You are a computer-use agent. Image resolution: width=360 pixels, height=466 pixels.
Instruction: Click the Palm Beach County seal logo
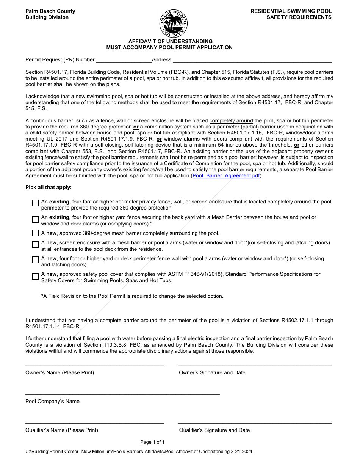coord(173,23)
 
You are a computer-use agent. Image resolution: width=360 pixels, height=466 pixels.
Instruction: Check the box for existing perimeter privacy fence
coord(35,203)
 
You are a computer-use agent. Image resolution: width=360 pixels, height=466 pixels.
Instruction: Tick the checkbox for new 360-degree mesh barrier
coord(35,233)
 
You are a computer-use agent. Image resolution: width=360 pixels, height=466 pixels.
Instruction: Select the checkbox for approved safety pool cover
coord(35,276)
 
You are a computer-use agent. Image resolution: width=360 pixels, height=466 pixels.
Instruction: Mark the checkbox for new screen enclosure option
coord(35,244)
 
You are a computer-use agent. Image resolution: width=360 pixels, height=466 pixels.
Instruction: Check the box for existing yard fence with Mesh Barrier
coord(35,219)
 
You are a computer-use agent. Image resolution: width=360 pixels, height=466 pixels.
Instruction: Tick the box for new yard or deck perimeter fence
coord(35,260)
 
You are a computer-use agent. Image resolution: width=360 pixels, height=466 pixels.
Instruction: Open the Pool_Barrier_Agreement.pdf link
coord(226,176)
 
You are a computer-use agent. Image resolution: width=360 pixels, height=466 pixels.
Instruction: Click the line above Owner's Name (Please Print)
coord(94,365)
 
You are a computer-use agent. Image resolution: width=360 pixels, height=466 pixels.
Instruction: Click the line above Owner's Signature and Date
coord(255,365)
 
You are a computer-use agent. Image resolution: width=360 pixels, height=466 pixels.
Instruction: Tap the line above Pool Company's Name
coord(122,394)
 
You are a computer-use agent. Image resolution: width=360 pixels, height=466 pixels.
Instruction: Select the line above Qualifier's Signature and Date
coord(255,422)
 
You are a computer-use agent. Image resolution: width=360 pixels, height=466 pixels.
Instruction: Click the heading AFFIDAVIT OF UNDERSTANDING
coord(170,41)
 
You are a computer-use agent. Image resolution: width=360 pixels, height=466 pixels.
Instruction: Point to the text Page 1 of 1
coord(152,442)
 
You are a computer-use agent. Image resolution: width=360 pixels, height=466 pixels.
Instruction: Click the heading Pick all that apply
coord(49,188)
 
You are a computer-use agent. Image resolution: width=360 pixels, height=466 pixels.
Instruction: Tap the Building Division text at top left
coord(47,17)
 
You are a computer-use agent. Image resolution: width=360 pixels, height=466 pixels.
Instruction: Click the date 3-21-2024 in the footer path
coord(241,452)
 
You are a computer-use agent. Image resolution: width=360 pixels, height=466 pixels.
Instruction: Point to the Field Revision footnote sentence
coord(132,296)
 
